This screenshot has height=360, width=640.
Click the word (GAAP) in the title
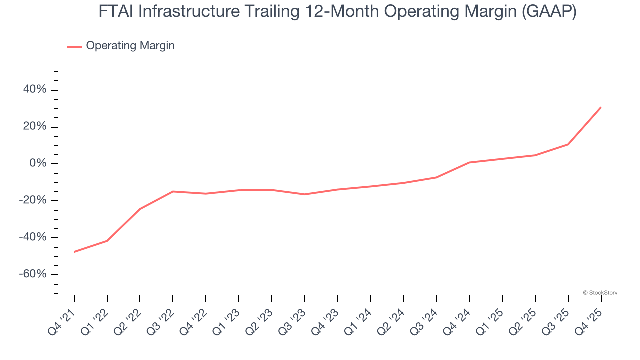pos(549,12)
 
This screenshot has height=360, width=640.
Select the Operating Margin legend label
pos(130,46)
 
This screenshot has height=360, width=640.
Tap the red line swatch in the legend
pos(75,46)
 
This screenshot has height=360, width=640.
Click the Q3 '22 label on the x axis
pos(160,320)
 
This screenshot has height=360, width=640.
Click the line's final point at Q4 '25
pos(601,107)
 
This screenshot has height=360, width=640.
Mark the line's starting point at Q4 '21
pos(74,252)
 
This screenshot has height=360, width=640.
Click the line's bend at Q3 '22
pos(173,191)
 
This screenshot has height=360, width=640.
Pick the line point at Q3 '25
pos(568,144)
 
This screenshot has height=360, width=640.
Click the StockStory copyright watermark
pos(600,293)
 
